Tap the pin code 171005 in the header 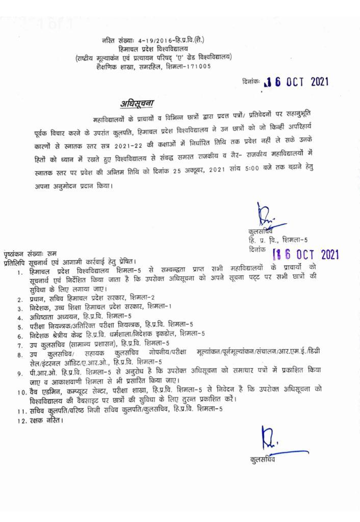198,65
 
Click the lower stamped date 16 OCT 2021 307,253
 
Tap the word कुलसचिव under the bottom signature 264,460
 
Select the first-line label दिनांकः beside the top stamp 250,82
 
